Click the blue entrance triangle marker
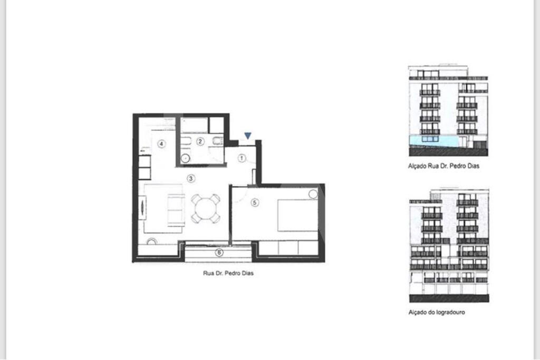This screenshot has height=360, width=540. coord(248,135)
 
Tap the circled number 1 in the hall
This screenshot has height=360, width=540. coord(242,158)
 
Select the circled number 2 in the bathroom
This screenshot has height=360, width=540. coord(200,141)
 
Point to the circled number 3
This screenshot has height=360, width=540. coord(191,178)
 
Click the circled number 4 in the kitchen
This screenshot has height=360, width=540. coord(161,143)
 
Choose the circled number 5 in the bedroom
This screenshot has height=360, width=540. coord(255,202)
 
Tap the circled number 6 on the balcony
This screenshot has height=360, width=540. coord(219,252)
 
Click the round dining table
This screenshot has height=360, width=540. coord(206,209)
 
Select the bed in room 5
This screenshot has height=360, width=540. coord(298,216)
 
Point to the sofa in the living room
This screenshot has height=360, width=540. coord(176,210)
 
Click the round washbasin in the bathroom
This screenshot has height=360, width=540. coord(186,158)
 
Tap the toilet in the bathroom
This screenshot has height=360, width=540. coord(218,141)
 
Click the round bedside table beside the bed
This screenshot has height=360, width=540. coord(313,194)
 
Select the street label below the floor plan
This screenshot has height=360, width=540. coord(228,273)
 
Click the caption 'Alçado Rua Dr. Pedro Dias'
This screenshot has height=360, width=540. coord(443,166)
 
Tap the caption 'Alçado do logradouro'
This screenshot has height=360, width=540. coord(437,312)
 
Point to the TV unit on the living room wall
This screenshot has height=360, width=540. coord(142,208)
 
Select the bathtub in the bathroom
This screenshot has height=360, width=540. coord(195,125)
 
